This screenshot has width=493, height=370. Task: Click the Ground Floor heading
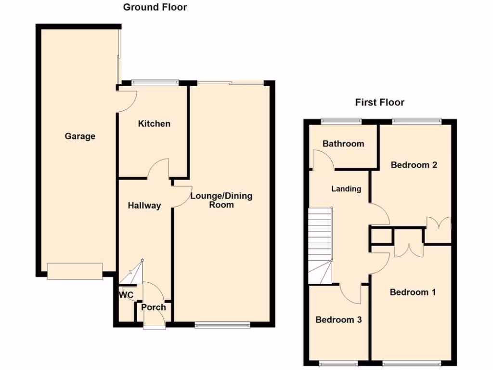click(155, 7)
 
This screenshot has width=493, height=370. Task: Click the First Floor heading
click(379, 102)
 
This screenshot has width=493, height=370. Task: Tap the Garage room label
click(80, 136)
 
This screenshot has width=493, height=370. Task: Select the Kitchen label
click(154, 124)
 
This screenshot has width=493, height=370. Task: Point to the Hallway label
click(144, 206)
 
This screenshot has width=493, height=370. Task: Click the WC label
click(126, 295)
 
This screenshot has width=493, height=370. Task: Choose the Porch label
click(154, 307)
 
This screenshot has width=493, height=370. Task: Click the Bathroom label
click(343, 144)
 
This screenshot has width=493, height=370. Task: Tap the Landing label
click(346, 189)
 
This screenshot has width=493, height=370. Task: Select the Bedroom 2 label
click(414, 165)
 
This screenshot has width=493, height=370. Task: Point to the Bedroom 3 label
click(338, 319)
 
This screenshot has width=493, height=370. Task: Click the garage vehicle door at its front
click(75, 271)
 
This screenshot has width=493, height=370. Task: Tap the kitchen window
click(155, 82)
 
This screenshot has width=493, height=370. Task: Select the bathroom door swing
click(323, 160)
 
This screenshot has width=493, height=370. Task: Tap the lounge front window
click(222, 325)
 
